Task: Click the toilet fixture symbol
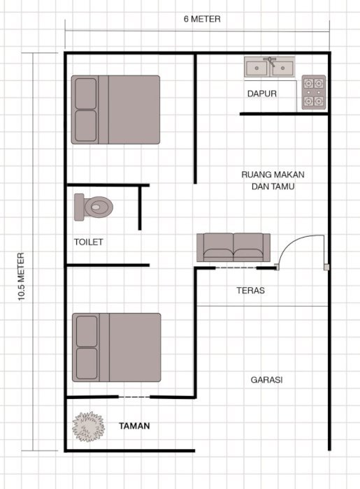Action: (94, 207)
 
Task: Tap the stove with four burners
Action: (314, 92)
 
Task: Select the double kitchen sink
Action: (270, 67)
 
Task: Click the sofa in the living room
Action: (233, 247)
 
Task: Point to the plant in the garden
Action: (88, 426)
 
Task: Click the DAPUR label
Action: (261, 94)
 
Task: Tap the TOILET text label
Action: (88, 242)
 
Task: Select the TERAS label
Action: (250, 291)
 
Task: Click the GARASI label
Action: (267, 380)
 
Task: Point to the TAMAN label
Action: (134, 425)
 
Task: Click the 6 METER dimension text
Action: (202, 19)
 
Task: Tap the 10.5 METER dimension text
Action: (21, 277)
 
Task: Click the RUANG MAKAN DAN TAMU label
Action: (273, 180)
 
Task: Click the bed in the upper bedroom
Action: (115, 110)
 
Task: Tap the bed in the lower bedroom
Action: (116, 347)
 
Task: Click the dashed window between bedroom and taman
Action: (134, 397)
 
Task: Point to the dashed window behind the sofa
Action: (236, 268)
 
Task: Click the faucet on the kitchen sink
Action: (270, 61)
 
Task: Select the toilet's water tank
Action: (79, 207)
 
